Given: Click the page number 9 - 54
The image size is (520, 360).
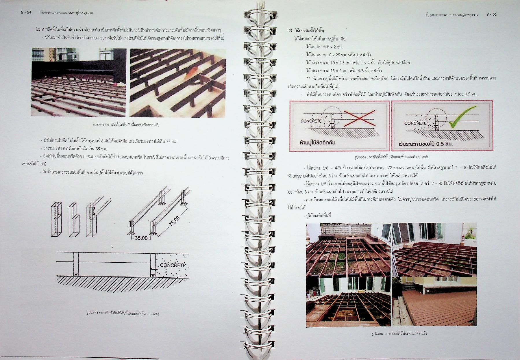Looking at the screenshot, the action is coord(26,13).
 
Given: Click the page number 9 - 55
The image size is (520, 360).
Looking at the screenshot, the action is coord(492,14).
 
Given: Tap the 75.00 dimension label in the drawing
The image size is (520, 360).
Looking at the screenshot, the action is coord(174,222).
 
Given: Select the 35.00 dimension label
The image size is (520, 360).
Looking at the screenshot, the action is coord(141,238).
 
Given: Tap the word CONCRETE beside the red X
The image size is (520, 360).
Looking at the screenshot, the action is coord(311,121).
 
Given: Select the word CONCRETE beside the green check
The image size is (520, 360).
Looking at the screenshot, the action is coord(415,123).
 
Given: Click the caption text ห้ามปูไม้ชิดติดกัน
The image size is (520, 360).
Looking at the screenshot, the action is coord(318,142).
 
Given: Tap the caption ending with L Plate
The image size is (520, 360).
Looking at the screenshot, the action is coord(123,313).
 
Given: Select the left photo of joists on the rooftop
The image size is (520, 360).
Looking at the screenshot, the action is coord(79,82).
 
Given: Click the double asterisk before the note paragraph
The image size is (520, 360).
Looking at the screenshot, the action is coord(308,78).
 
